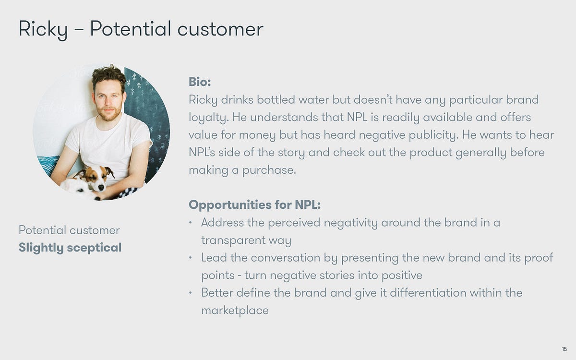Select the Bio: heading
[x=200, y=82]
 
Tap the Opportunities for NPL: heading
[x=254, y=205]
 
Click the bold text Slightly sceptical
[x=70, y=248]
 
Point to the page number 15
[x=564, y=349]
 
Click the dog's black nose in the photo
[x=101, y=188]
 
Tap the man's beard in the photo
[x=109, y=113]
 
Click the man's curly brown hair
[x=109, y=75]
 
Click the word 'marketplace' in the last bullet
[x=235, y=311]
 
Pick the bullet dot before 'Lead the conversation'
[x=190, y=257]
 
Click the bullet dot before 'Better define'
[x=190, y=292]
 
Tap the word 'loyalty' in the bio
[x=208, y=118]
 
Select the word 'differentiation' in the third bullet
[x=428, y=293]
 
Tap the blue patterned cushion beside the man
[x=48, y=165]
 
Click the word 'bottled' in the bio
[x=276, y=100]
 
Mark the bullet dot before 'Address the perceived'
[x=190, y=222]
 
